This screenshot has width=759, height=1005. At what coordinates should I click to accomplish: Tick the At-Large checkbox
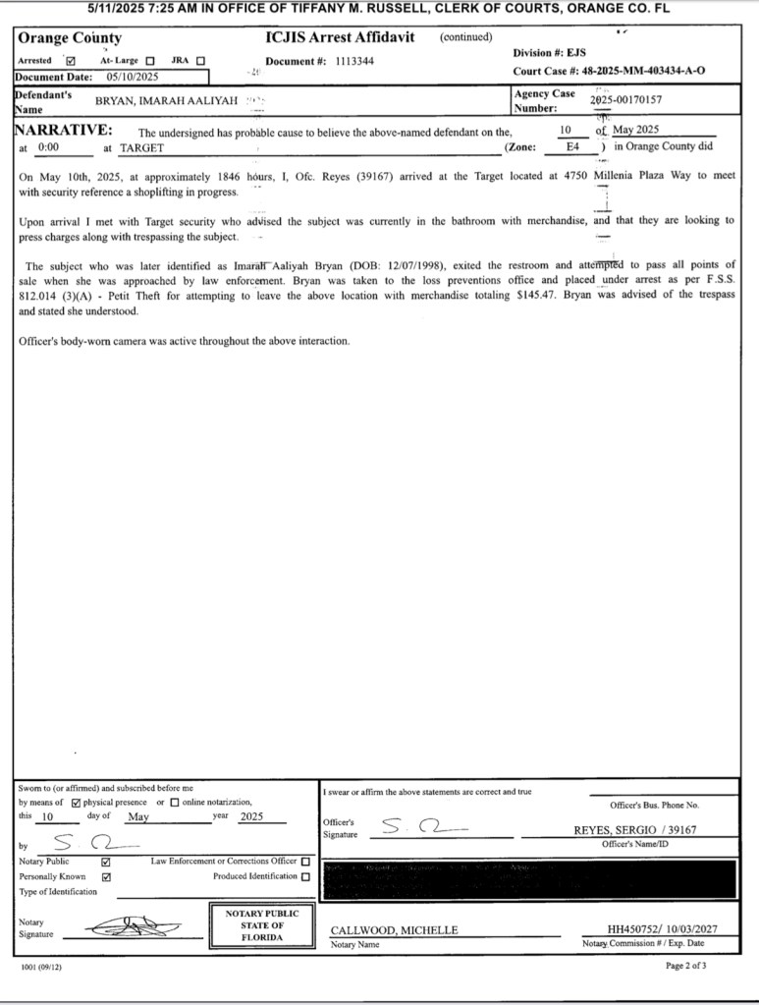click(150, 61)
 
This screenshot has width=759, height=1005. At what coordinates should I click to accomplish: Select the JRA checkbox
click(200, 61)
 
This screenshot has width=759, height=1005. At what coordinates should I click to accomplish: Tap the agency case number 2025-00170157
click(625, 100)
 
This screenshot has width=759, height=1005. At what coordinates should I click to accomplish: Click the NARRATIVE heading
click(63, 131)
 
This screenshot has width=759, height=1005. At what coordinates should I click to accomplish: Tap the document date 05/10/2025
click(133, 77)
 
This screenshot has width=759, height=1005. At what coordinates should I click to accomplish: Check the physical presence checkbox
click(77, 803)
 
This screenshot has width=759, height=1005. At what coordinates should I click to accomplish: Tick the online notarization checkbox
click(175, 803)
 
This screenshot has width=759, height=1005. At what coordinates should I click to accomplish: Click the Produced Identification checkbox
click(305, 876)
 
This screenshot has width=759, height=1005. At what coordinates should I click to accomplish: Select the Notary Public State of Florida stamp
click(262, 925)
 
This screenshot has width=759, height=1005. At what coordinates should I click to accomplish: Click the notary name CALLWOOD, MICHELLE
click(394, 929)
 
